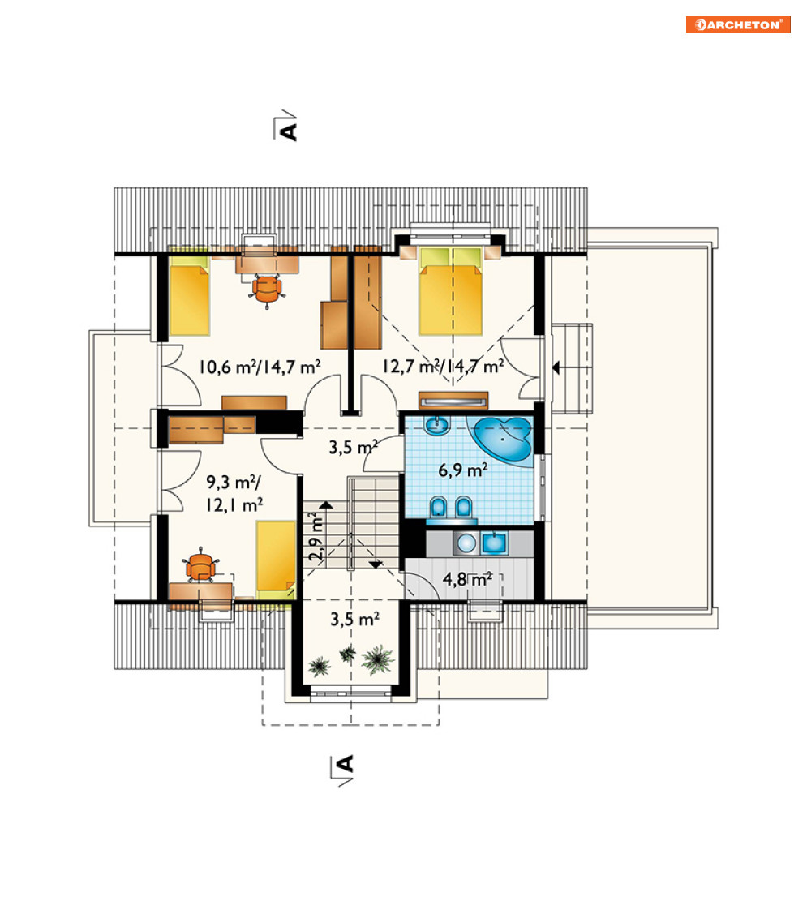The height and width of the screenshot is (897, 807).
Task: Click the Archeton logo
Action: pyautogui.click(x=738, y=24)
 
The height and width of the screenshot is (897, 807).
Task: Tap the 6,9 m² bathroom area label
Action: pyautogui.click(x=462, y=470)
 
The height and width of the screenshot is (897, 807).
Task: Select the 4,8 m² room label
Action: pyautogui.click(x=467, y=579)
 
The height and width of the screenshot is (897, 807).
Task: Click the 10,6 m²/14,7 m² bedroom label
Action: pyautogui.click(x=259, y=366)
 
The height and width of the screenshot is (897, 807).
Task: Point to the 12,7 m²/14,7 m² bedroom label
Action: pyautogui.click(x=443, y=366)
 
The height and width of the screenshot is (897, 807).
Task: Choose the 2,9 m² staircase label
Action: pyautogui.click(x=316, y=535)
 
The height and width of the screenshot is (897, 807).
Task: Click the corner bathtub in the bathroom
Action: pyautogui.click(x=501, y=440)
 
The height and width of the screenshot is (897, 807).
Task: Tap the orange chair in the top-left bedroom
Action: pyautogui.click(x=267, y=289)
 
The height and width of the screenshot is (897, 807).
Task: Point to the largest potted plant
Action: pyautogui.click(x=377, y=659)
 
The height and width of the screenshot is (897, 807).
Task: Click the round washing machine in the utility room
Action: pyautogui.click(x=466, y=543)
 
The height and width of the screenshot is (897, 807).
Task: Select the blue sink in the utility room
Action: pyautogui.click(x=494, y=543)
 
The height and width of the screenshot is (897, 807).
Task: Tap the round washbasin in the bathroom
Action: pyautogui.click(x=437, y=425)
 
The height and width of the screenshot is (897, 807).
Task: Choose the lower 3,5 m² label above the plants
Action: pyautogui.click(x=354, y=619)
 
